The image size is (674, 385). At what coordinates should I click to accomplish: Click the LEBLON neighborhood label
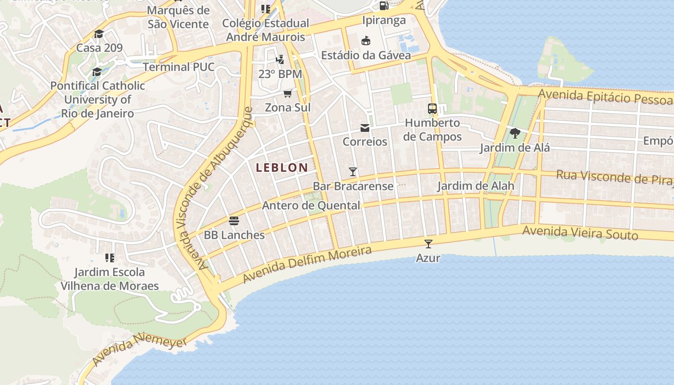pyautogui.click(x=282, y=167)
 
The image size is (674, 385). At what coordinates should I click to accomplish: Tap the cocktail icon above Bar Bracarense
pyautogui.click(x=353, y=172)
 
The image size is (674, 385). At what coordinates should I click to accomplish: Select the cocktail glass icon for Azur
pyautogui.click(x=428, y=244)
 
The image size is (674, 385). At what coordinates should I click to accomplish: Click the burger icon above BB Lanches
pyautogui.click(x=234, y=221)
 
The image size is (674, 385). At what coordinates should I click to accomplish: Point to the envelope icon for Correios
pyautogui.click(x=365, y=128)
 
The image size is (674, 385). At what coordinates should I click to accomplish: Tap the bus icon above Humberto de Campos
pyautogui.click(x=432, y=109)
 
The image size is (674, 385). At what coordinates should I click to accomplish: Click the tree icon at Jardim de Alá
pyautogui.click(x=515, y=133)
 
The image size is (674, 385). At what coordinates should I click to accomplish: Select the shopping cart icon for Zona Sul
pyautogui.click(x=287, y=93)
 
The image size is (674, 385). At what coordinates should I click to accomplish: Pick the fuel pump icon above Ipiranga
pyautogui.click(x=384, y=6)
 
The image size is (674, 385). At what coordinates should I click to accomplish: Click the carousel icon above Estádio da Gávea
pyautogui.click(x=366, y=40)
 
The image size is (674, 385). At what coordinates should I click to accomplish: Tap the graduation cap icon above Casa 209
pyautogui.click(x=99, y=34)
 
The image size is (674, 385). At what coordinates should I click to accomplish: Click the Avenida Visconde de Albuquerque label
pyautogui.click(x=214, y=188)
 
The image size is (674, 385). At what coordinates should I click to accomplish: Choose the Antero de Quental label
pyautogui.click(x=311, y=205)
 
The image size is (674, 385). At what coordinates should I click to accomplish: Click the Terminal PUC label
pyautogui.click(x=178, y=66)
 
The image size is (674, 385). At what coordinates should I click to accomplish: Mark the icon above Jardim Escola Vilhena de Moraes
pyautogui.click(x=109, y=258)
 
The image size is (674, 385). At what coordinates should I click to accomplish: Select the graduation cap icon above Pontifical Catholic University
pyautogui.click(x=97, y=72)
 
